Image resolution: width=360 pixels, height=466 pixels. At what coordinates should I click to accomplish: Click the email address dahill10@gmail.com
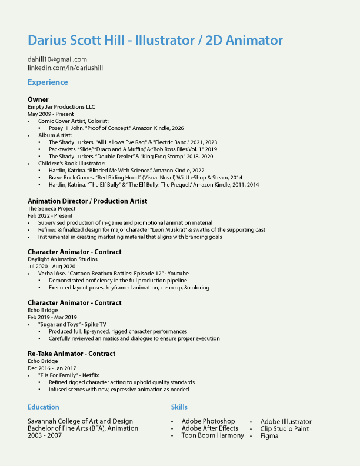point(57,59)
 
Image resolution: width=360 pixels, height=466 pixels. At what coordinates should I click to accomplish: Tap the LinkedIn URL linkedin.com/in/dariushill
point(65,68)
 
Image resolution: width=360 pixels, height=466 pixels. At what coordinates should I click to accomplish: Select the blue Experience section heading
point(48,82)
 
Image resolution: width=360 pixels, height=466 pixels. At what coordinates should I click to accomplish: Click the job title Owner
point(38,99)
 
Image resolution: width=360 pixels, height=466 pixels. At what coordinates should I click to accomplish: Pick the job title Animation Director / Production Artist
point(87,201)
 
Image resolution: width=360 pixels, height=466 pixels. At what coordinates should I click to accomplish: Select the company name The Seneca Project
point(51,209)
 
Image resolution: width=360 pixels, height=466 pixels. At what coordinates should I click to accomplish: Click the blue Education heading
point(44,407)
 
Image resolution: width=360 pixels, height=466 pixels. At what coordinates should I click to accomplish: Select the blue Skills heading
point(179,407)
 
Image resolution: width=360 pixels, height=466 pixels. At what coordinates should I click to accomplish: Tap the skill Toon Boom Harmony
point(213,436)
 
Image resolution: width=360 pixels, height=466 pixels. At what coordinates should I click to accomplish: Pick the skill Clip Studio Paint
point(285,429)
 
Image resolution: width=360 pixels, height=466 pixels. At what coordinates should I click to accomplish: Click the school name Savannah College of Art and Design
point(80,421)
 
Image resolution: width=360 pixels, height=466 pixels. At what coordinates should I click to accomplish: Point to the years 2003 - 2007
point(45,436)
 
